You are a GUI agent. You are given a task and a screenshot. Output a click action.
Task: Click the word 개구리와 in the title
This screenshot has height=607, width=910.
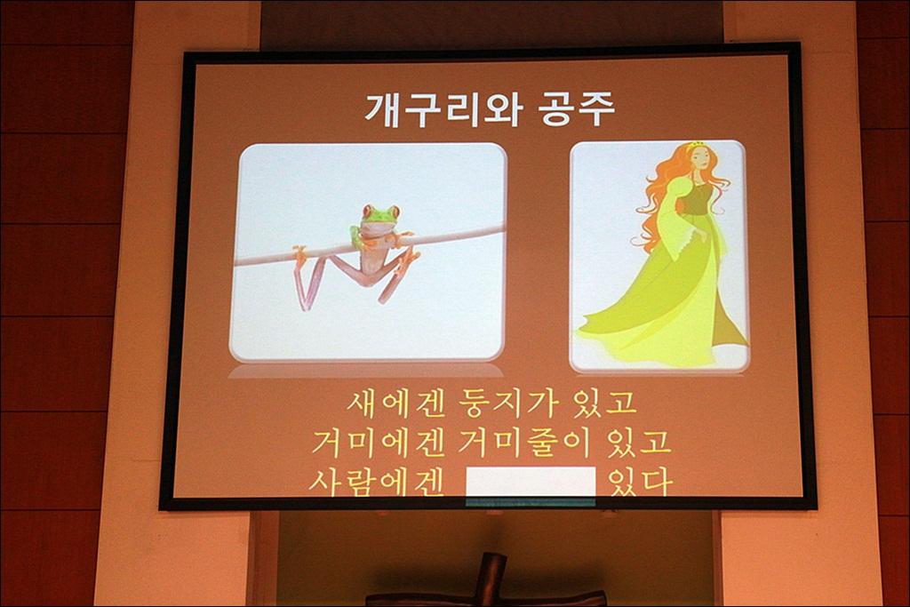pos(443,108)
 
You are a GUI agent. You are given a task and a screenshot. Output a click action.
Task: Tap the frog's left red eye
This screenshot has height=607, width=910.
pos(368,211)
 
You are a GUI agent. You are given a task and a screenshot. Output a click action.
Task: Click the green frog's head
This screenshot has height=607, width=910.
pos(380,217)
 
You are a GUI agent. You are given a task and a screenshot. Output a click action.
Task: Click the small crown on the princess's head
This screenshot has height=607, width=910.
pos(693,144)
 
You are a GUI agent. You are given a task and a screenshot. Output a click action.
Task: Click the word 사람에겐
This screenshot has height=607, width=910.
pos(376,482)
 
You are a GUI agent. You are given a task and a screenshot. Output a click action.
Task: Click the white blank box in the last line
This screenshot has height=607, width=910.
pos(531,482)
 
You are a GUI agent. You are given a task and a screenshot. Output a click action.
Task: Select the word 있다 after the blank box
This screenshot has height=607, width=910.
pos(640,482)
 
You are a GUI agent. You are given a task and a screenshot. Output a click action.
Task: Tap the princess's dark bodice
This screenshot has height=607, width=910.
pos(694,204)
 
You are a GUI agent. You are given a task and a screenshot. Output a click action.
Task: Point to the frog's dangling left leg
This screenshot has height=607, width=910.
pos(309,278)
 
